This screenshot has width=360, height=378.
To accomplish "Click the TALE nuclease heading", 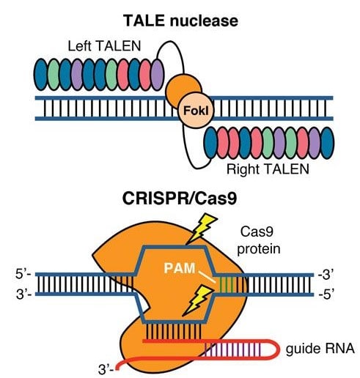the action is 180,21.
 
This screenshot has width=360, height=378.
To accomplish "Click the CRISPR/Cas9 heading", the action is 180,199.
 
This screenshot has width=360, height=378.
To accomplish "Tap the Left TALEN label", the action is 104,46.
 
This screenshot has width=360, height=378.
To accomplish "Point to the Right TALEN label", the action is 268,169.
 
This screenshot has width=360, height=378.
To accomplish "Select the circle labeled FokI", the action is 196,111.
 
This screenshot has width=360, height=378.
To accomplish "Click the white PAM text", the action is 180,268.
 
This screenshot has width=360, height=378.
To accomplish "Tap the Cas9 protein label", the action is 259,240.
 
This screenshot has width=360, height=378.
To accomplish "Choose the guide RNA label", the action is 320,348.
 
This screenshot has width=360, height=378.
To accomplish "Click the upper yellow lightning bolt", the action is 201,229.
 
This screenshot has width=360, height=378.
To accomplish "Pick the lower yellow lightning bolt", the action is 198,300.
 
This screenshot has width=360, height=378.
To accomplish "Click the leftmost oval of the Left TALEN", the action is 40,75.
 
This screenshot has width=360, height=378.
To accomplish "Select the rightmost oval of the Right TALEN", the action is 327,143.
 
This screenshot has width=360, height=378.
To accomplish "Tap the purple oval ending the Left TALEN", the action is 157,75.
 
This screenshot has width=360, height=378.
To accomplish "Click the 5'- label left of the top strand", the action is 23,274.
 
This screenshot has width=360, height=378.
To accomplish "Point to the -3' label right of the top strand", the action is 326,275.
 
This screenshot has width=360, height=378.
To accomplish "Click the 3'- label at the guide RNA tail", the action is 106,369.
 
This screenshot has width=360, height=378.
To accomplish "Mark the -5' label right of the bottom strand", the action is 326,294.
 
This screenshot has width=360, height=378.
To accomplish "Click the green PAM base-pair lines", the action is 226,284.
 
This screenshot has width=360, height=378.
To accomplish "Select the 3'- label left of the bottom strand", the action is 23,294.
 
